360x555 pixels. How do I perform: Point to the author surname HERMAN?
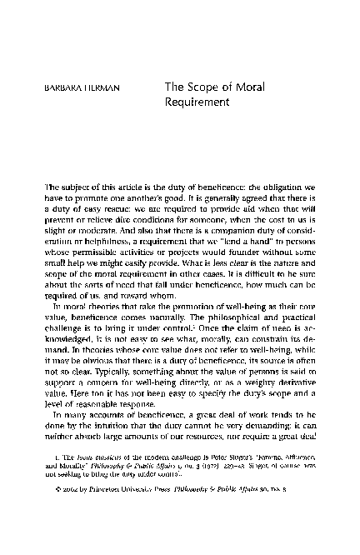(95, 86)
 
